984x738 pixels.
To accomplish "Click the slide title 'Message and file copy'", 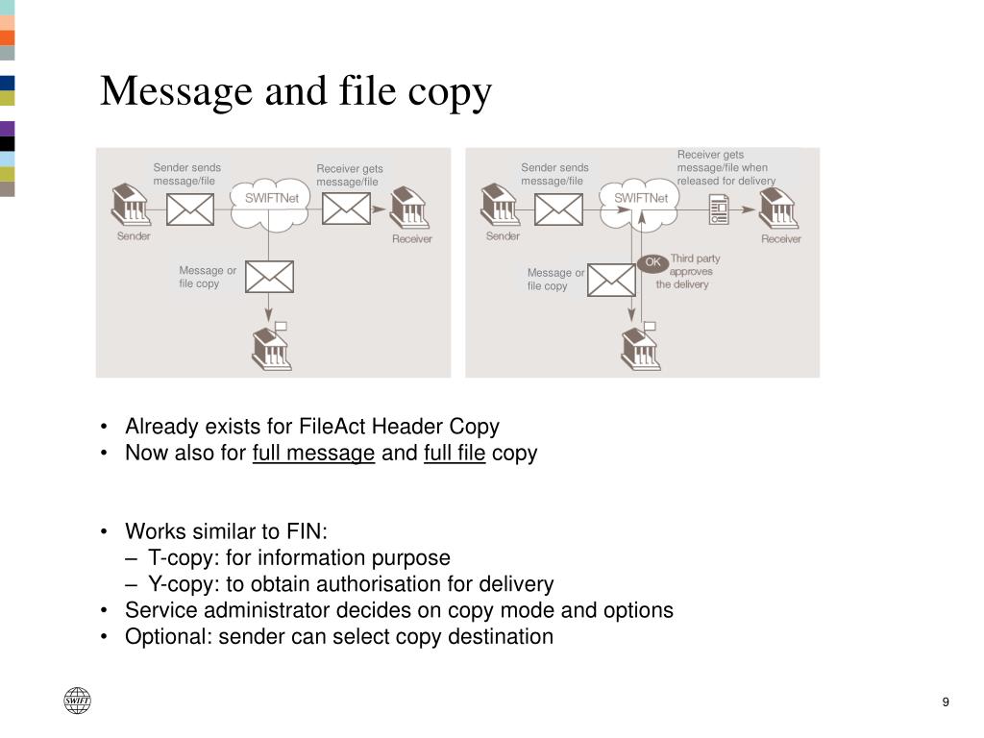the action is (296, 91).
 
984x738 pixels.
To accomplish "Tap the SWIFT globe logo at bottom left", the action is (77, 701).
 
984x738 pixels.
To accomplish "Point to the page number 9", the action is (946, 701).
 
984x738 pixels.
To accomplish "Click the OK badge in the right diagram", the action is (653, 262).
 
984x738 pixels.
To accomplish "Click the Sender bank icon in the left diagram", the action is (130, 205).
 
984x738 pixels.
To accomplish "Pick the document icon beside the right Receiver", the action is (719, 209).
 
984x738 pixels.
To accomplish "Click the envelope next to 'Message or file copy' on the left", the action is (269, 277).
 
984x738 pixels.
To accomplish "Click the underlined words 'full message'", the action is (313, 453).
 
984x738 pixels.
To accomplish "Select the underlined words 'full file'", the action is (455, 453).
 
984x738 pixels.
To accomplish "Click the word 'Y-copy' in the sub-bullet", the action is (183, 583).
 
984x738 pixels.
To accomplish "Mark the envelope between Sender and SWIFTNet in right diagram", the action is (558, 209).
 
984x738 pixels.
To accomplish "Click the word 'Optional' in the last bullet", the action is (166, 636).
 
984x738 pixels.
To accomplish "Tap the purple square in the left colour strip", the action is (8, 128).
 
